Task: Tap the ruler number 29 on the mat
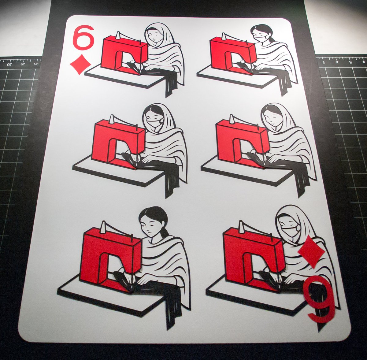[x=23, y=65]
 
